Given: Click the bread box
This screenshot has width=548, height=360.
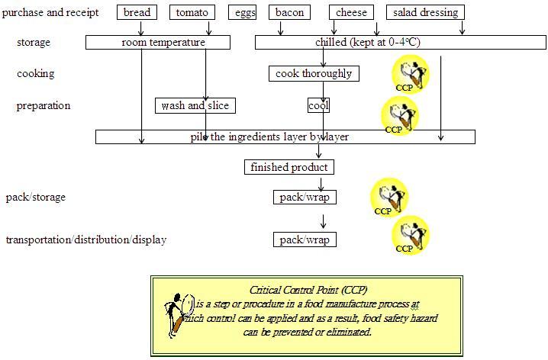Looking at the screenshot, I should [x=137, y=12].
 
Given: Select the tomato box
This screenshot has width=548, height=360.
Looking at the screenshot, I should [x=192, y=12].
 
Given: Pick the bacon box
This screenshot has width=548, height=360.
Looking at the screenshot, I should [x=289, y=12].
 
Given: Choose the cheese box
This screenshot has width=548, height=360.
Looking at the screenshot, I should [x=351, y=12].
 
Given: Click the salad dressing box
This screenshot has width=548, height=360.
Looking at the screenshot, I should [x=425, y=12].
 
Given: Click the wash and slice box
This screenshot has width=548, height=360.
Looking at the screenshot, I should [x=195, y=105].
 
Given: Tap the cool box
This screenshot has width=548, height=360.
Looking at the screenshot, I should [x=318, y=105].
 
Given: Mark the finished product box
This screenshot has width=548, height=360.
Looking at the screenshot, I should [x=289, y=167].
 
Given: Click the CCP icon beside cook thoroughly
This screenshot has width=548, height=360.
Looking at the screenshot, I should [x=410, y=75].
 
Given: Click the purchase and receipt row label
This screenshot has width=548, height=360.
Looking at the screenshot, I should [x=50, y=12].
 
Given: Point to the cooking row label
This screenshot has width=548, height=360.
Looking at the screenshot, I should [x=35, y=74].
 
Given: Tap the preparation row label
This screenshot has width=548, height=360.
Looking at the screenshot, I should [x=43, y=105].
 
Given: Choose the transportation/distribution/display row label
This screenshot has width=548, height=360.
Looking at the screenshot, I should [x=86, y=239].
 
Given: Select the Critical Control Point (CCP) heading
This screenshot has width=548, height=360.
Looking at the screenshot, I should [x=301, y=290].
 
